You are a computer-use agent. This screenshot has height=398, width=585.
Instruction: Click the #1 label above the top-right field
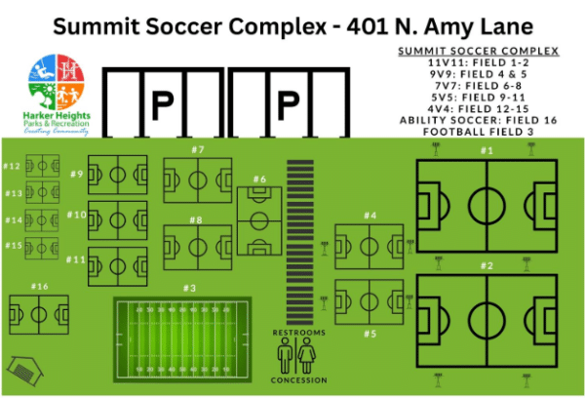[487, 150]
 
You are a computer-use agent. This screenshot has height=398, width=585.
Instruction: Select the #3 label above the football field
[189, 288]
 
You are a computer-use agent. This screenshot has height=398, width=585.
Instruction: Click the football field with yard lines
[182, 338]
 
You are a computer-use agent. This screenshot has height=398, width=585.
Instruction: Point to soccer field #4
[369, 246]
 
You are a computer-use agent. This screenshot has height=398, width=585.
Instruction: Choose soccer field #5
[369, 301]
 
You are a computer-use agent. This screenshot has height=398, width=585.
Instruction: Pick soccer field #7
[198, 247]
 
